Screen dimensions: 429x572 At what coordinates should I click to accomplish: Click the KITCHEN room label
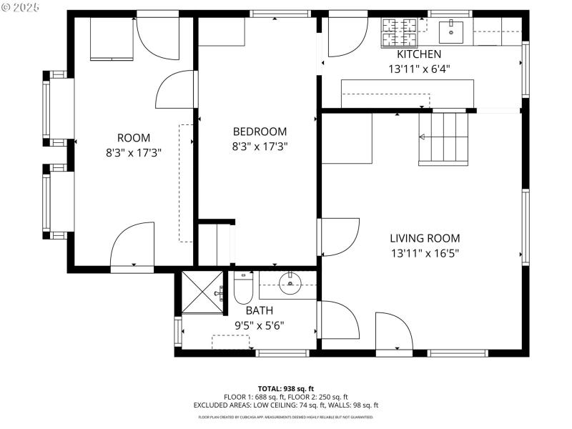click(419, 54)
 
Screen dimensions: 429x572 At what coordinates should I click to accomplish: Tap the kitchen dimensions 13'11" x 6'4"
click(419, 69)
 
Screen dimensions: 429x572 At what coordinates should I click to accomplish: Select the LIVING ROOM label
click(425, 238)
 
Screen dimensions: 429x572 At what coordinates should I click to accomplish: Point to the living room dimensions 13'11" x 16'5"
click(425, 252)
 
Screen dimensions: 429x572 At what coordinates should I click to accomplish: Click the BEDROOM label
click(260, 132)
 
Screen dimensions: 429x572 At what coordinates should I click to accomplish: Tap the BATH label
click(260, 310)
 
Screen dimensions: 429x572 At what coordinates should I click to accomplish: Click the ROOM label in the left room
click(134, 137)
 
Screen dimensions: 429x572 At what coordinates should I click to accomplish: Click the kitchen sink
click(451, 30)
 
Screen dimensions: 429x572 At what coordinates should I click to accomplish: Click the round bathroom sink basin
click(291, 283)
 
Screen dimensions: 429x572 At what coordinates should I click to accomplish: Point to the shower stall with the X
click(203, 292)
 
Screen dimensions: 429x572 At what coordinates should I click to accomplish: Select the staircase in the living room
click(443, 137)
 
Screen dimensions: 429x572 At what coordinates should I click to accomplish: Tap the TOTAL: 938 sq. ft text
click(286, 388)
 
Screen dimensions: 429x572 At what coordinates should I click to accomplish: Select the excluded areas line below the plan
click(286, 405)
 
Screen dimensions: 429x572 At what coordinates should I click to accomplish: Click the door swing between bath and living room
click(340, 319)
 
